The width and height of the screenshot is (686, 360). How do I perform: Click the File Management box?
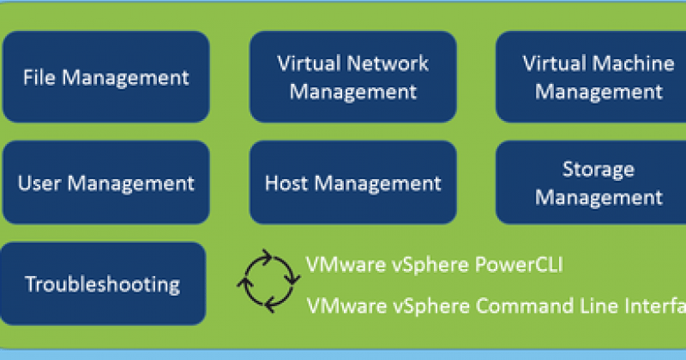[105, 77]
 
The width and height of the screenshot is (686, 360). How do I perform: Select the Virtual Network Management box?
[352, 77]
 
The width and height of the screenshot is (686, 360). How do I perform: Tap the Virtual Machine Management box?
[592, 77]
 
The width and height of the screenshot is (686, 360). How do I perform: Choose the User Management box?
[105, 183]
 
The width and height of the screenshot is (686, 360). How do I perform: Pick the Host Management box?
[352, 183]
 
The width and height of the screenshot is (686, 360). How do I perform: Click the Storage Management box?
[592, 183]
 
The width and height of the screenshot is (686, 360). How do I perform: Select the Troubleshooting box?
[103, 284]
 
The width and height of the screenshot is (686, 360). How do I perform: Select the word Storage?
[599, 168]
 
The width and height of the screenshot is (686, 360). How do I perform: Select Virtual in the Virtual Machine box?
[550, 63]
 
